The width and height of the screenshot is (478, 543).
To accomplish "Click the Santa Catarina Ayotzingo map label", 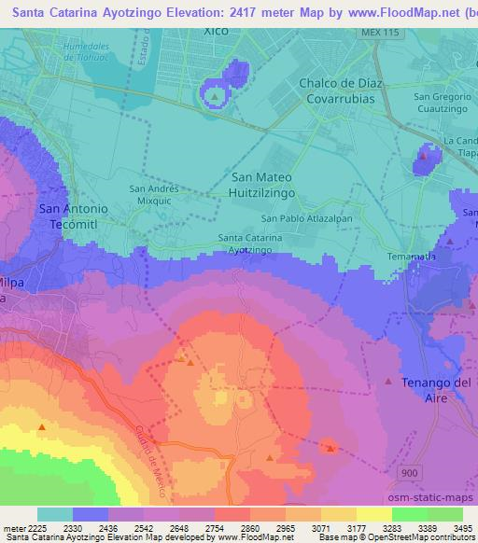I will [250, 244].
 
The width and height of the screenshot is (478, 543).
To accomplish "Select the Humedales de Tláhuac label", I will [94, 52].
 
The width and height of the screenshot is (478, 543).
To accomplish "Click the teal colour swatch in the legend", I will [54, 514].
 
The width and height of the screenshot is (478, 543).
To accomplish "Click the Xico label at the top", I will [216, 30].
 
